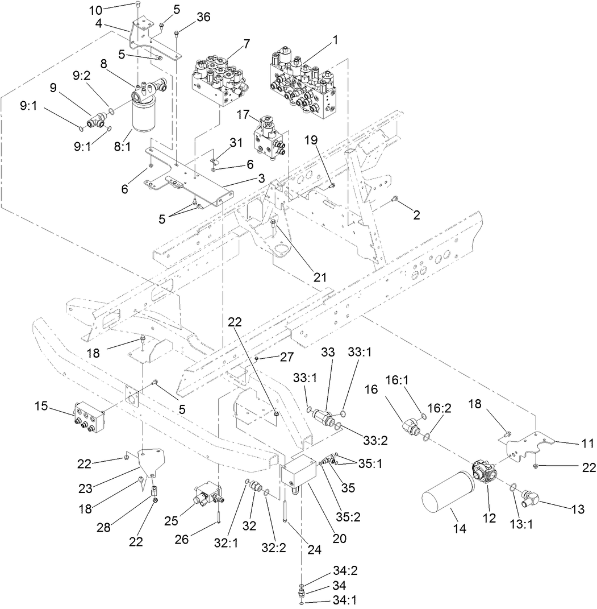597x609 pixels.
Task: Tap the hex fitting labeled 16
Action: point(413,425)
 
